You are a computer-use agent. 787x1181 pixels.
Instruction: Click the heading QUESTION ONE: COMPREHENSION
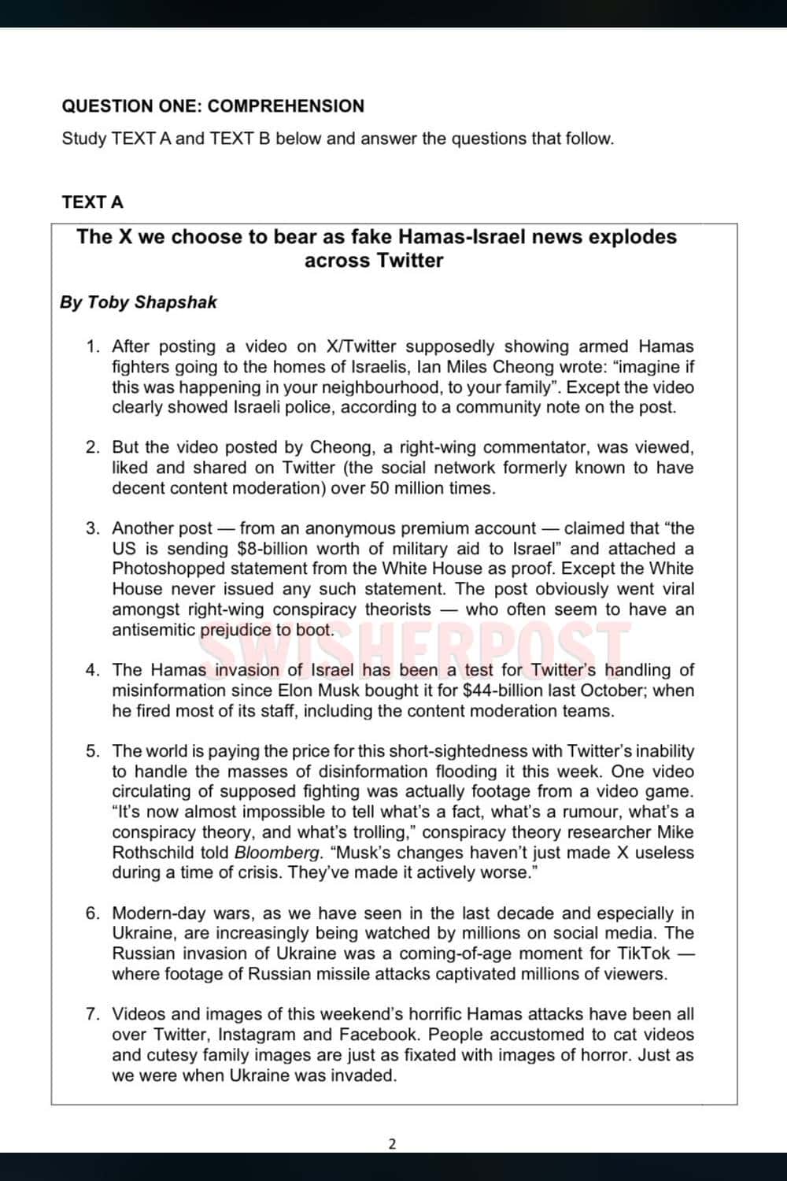click(x=212, y=106)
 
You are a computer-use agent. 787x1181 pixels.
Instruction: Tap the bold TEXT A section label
click(x=93, y=202)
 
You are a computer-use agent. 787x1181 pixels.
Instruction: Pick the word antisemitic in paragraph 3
click(x=153, y=630)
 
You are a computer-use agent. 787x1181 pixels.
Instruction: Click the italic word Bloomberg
click(x=278, y=853)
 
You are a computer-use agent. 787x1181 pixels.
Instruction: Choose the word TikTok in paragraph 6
click(x=643, y=953)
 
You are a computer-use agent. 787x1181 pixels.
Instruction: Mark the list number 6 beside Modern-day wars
click(x=92, y=913)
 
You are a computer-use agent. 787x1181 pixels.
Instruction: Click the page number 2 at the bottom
click(x=393, y=1144)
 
